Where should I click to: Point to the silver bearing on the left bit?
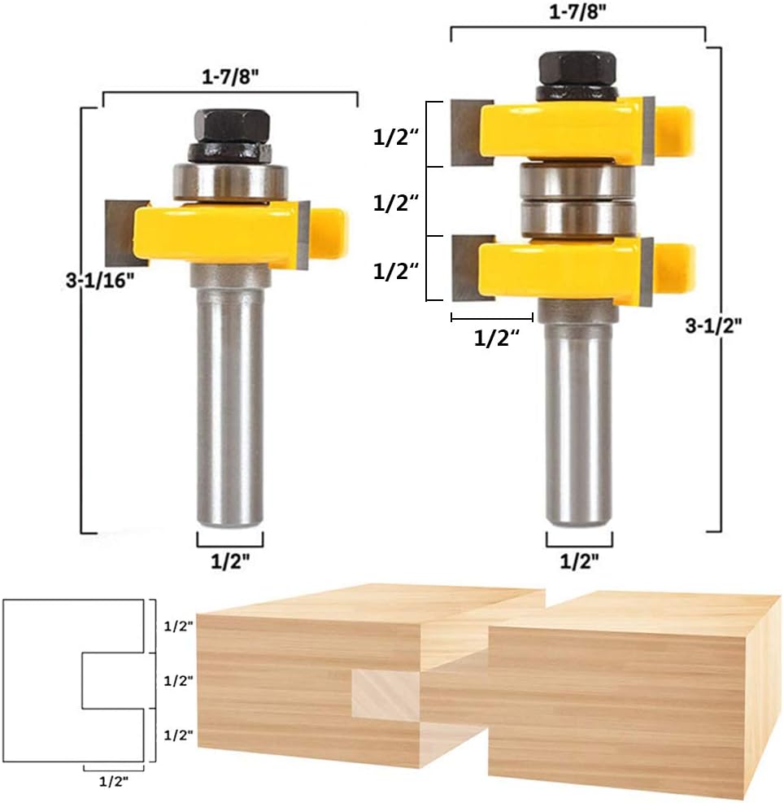(230, 180)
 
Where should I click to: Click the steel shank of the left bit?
(230, 407)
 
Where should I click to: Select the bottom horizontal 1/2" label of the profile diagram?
(114, 781)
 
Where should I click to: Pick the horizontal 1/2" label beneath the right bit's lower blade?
(497, 338)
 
